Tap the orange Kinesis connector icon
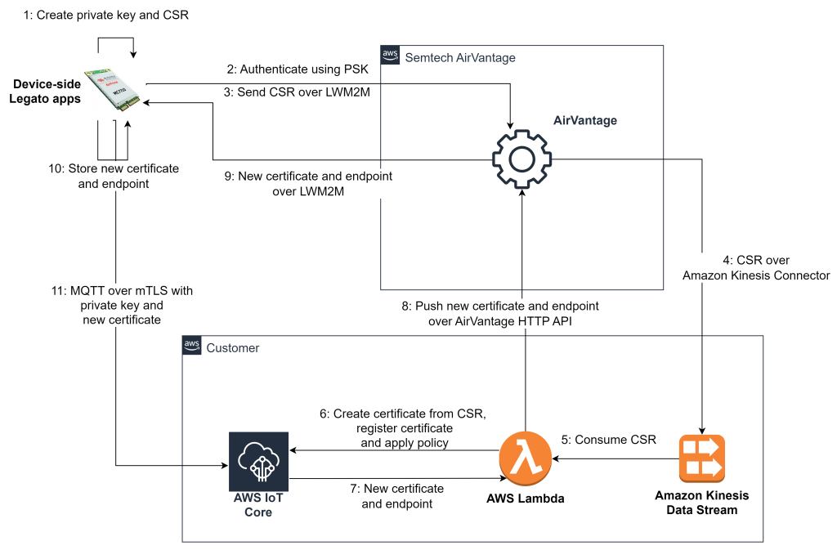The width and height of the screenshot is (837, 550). pos(701,459)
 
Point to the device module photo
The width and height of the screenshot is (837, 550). pos(112,90)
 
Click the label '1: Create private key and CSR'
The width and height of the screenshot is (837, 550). pos(105,15)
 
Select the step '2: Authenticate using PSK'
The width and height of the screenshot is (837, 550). pos(298,69)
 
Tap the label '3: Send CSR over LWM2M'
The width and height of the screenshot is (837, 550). pos(298,92)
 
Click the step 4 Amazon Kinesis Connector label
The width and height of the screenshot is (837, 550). pos(756,268)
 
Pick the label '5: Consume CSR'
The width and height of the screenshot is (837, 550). pos(609,440)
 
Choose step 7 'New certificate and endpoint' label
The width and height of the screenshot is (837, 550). pos(397,496)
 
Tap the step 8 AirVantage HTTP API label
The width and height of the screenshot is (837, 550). pos(500,314)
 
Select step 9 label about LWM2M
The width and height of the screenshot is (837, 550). pos(308,184)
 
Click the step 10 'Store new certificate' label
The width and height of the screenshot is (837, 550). pos(114,176)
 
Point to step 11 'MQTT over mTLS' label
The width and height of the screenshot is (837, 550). pos(122,305)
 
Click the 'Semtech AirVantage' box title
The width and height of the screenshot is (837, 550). pos(460,57)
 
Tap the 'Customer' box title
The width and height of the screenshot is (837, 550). pos(232,347)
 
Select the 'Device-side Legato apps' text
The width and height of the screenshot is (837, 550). pos(45,92)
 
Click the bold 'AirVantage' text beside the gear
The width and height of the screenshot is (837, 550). pos(584,120)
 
